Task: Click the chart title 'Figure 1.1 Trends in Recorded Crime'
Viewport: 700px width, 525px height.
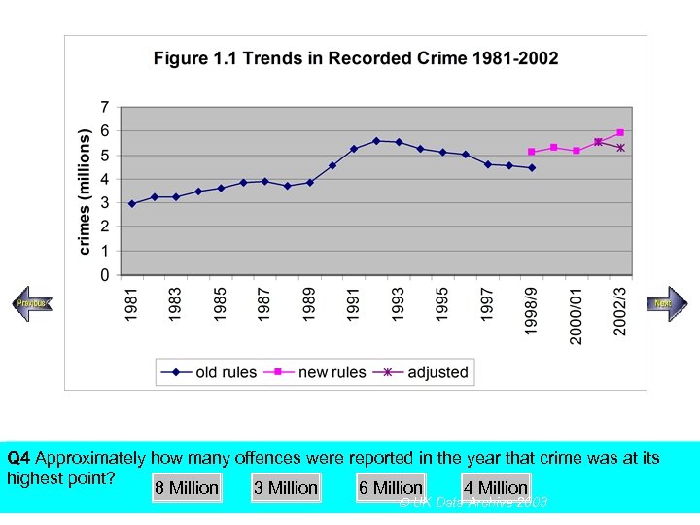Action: (x=356, y=58)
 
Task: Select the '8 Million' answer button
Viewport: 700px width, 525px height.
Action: (x=187, y=488)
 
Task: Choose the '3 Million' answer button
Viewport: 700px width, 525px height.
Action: (x=286, y=488)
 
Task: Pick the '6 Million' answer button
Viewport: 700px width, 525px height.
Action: (x=391, y=488)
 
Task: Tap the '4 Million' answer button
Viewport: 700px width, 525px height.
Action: (x=496, y=488)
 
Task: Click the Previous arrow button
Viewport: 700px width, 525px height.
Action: (x=31, y=304)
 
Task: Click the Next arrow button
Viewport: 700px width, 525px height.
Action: (x=666, y=303)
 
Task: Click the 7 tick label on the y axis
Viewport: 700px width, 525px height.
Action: (x=104, y=105)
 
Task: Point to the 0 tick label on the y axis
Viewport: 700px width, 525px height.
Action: (x=104, y=275)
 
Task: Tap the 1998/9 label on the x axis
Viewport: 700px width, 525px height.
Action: (x=531, y=310)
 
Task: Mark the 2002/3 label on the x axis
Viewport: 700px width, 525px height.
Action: (x=620, y=310)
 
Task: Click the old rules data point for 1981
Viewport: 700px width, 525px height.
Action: (x=132, y=203)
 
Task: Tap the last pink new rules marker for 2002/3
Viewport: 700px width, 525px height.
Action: (x=620, y=132)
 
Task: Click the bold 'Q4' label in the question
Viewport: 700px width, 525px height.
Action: (x=18, y=458)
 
